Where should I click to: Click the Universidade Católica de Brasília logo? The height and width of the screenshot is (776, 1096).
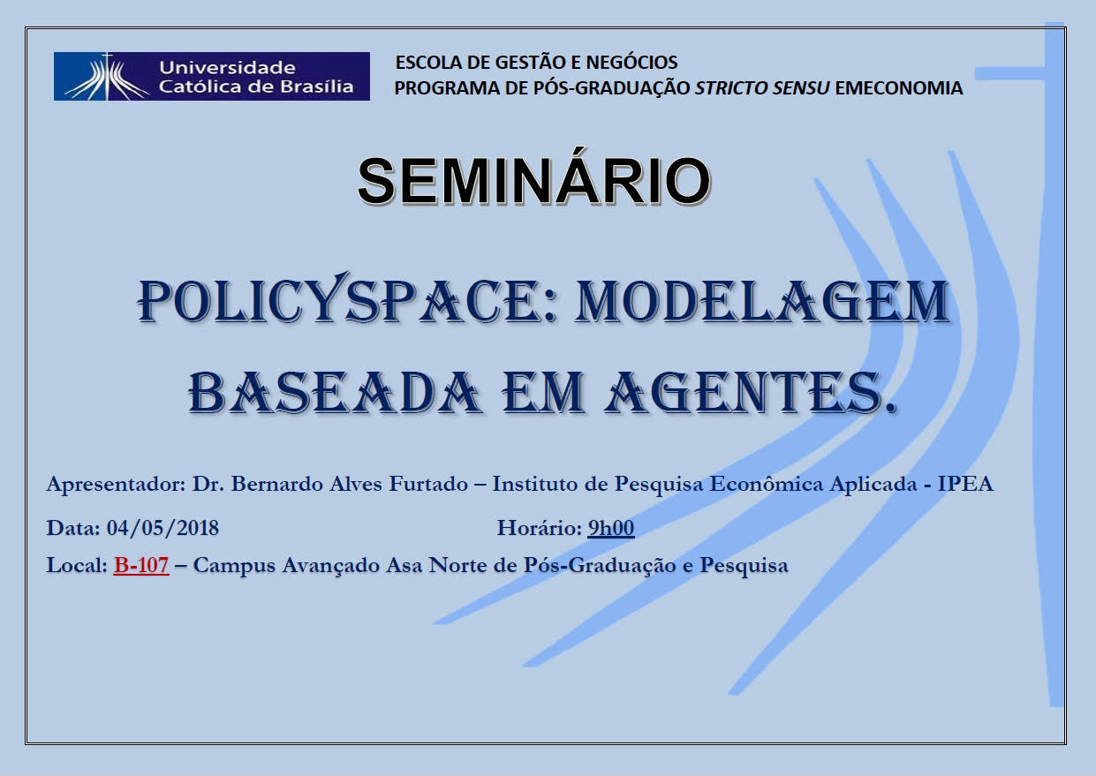pyautogui.click(x=211, y=76)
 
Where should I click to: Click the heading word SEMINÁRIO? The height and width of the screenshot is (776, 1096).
pyautogui.click(x=534, y=180)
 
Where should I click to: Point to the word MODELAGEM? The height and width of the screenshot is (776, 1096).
pyautogui.click(x=762, y=301)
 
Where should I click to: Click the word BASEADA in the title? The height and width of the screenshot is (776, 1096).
pyautogui.click(x=334, y=392)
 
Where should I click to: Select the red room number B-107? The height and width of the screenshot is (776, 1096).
pyautogui.click(x=141, y=565)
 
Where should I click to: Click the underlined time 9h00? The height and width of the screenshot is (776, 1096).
pyautogui.click(x=611, y=528)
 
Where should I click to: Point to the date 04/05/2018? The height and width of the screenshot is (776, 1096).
pyautogui.click(x=163, y=528)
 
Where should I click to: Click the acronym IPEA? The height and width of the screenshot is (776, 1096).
pyautogui.click(x=965, y=484)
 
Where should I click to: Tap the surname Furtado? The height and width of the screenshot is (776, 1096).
pyautogui.click(x=428, y=484)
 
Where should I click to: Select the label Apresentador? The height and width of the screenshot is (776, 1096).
pyautogui.click(x=116, y=485)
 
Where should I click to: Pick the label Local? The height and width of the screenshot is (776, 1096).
pyautogui.click(x=77, y=565)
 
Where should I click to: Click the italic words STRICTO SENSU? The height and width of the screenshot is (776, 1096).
pyautogui.click(x=762, y=88)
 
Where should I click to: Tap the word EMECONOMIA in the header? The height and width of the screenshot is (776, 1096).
pyautogui.click(x=899, y=88)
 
